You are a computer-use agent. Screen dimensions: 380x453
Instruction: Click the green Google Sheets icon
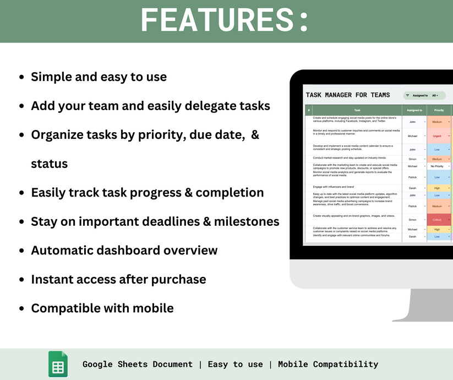click(58, 364)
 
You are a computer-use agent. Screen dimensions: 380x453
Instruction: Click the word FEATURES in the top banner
click(217, 20)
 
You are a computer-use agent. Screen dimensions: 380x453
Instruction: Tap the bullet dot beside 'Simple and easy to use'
click(21, 78)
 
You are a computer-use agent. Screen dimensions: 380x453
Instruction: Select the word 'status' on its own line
click(49, 164)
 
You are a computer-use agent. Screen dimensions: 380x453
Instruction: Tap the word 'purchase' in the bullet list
click(179, 279)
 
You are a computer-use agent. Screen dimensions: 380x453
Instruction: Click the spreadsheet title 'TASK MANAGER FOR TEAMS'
click(347, 95)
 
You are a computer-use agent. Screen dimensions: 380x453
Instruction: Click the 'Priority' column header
click(439, 110)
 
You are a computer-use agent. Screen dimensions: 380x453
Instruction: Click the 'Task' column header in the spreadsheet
click(357, 110)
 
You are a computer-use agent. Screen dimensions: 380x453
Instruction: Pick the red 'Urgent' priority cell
click(438, 135)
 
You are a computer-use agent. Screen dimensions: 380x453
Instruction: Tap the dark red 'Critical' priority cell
click(438, 220)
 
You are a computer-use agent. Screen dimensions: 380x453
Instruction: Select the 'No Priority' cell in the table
click(438, 166)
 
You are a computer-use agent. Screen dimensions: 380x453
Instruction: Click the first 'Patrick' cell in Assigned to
click(412, 177)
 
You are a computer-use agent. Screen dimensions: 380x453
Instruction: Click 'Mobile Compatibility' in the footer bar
click(328, 364)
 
